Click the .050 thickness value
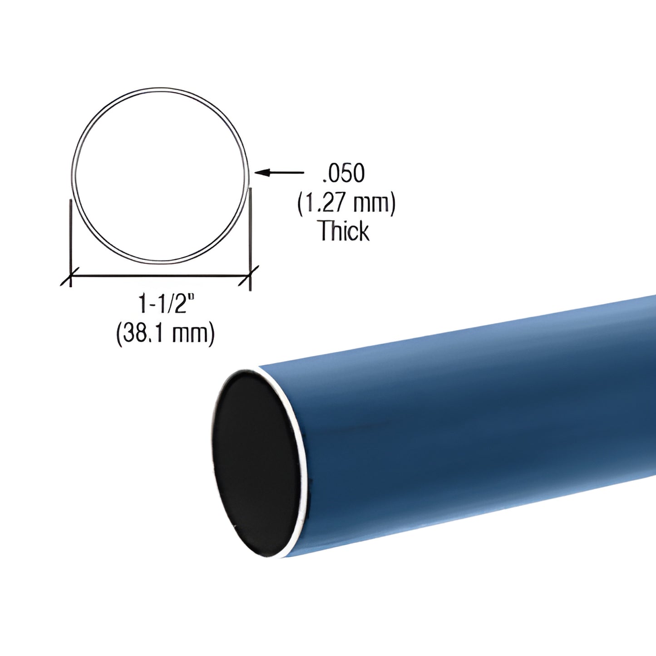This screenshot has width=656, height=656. click(343, 173)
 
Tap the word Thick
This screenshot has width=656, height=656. click(344, 231)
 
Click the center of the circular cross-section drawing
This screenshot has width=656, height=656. click(160, 175)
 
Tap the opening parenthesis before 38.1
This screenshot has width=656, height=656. click(119, 334)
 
